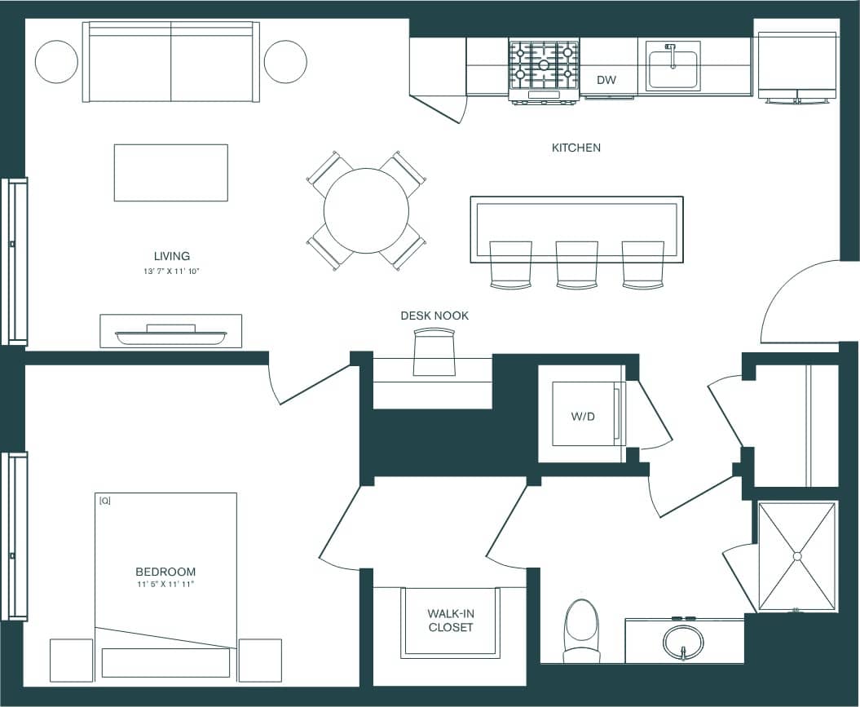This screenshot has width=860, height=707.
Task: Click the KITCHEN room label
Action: [x=576, y=148]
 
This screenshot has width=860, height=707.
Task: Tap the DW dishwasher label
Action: [x=606, y=80]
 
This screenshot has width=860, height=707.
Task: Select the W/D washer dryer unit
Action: [x=584, y=414]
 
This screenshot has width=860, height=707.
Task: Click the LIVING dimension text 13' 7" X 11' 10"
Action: [x=171, y=271]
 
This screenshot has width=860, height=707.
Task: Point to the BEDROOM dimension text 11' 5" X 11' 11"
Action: [x=165, y=585]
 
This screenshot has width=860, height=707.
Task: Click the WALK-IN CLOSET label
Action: [x=450, y=621]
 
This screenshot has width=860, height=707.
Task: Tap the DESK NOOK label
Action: [x=434, y=316]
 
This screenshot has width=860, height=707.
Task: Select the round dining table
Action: [x=366, y=210]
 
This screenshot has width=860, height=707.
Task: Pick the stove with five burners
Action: [x=544, y=67]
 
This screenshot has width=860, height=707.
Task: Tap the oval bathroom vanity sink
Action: [x=683, y=641]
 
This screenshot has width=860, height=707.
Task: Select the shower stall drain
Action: [x=796, y=556]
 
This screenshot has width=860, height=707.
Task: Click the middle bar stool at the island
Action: [x=577, y=263]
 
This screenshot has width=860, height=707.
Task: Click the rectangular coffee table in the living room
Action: [x=170, y=172]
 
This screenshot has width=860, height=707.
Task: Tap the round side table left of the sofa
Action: [x=56, y=61]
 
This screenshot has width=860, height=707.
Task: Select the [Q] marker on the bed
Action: [x=104, y=501]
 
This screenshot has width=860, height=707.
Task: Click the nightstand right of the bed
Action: [x=260, y=660]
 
